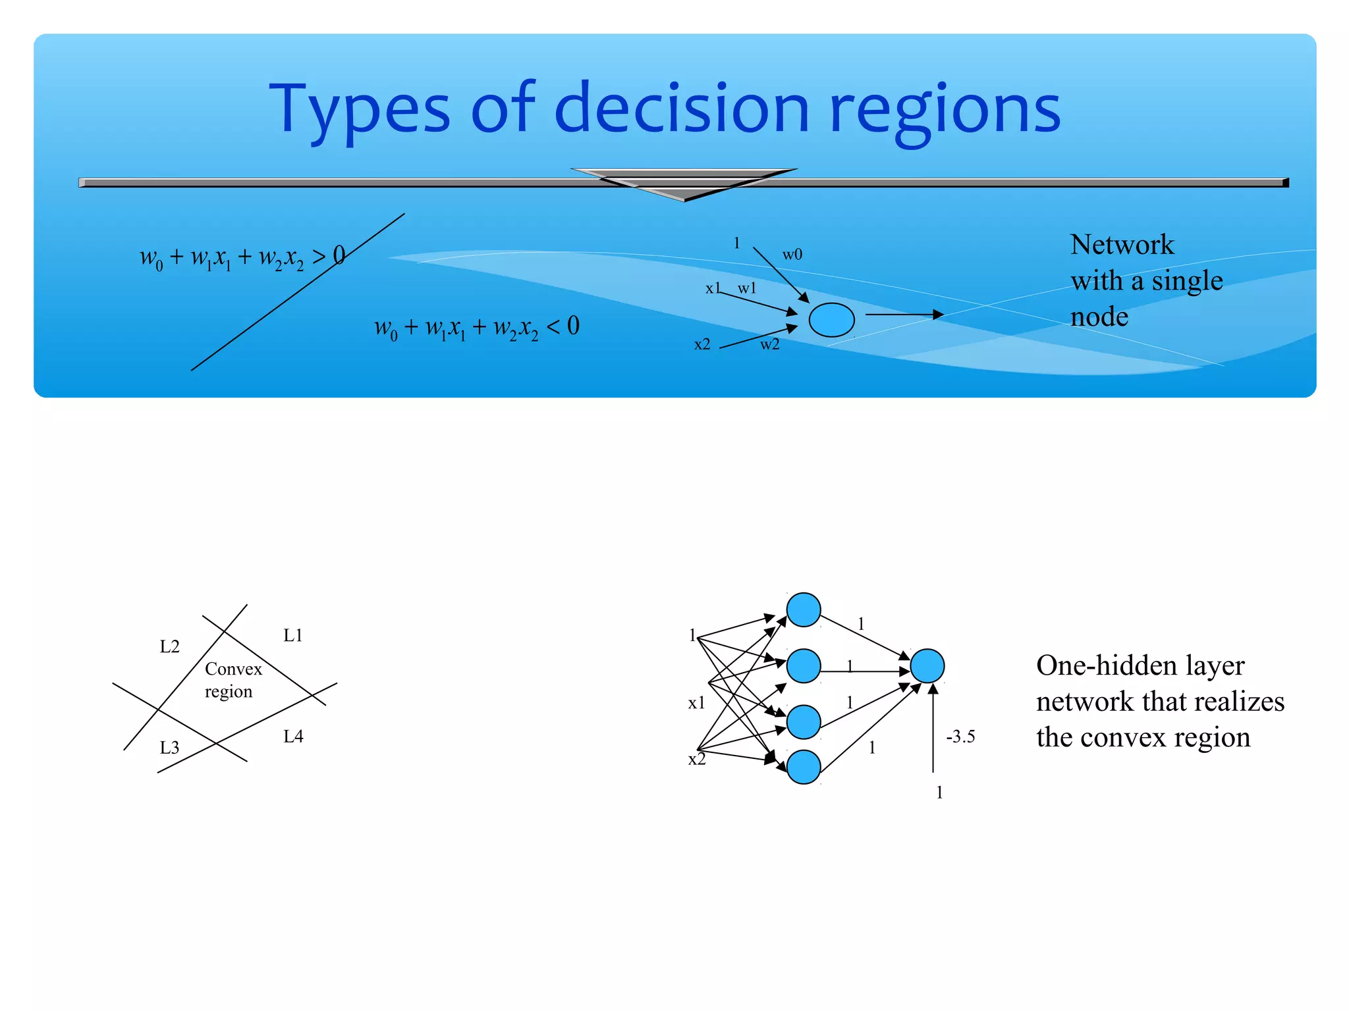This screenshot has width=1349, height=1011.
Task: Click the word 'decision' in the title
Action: [682, 109]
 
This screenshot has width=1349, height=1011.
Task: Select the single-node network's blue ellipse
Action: [831, 320]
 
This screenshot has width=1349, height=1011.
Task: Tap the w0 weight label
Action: [792, 255]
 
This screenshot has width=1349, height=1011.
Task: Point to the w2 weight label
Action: [769, 344]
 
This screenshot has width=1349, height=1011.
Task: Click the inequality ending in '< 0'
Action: [477, 327]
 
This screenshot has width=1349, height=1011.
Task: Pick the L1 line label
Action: [293, 635]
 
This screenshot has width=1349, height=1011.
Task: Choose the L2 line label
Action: [169, 646]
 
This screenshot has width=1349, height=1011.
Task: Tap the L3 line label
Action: [169, 748]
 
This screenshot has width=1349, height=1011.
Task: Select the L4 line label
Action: [293, 737]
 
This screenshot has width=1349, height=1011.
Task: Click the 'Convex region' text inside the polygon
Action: [233, 680]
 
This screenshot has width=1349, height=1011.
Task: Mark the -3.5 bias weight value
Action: [960, 737]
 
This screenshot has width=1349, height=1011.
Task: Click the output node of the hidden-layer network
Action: [927, 665]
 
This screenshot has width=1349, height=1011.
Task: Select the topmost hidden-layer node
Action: [803, 609]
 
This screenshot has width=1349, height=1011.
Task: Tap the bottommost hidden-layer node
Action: [803, 767]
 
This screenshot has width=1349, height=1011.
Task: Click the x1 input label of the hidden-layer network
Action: [696, 703]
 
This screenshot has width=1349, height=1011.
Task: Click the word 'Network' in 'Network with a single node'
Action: [1122, 245]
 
